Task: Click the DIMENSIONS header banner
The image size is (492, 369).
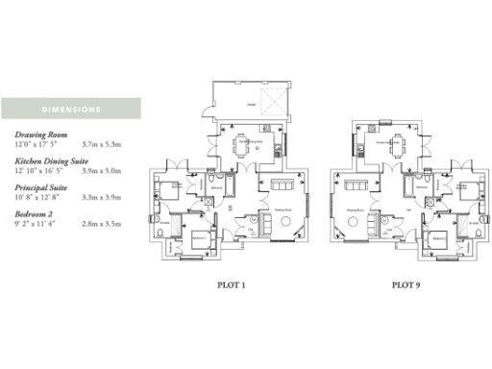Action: click(70, 108)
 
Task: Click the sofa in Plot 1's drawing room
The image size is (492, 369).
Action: click(282, 184)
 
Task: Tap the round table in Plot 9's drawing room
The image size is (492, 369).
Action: click(366, 222)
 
